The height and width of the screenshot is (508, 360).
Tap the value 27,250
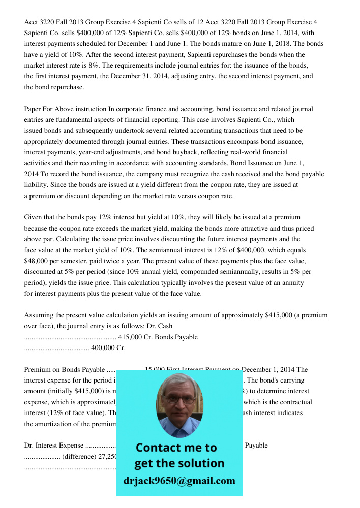(x=107, y=456)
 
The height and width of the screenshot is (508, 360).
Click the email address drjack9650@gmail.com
(x=179, y=481)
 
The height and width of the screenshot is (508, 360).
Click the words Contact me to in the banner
(x=176, y=448)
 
